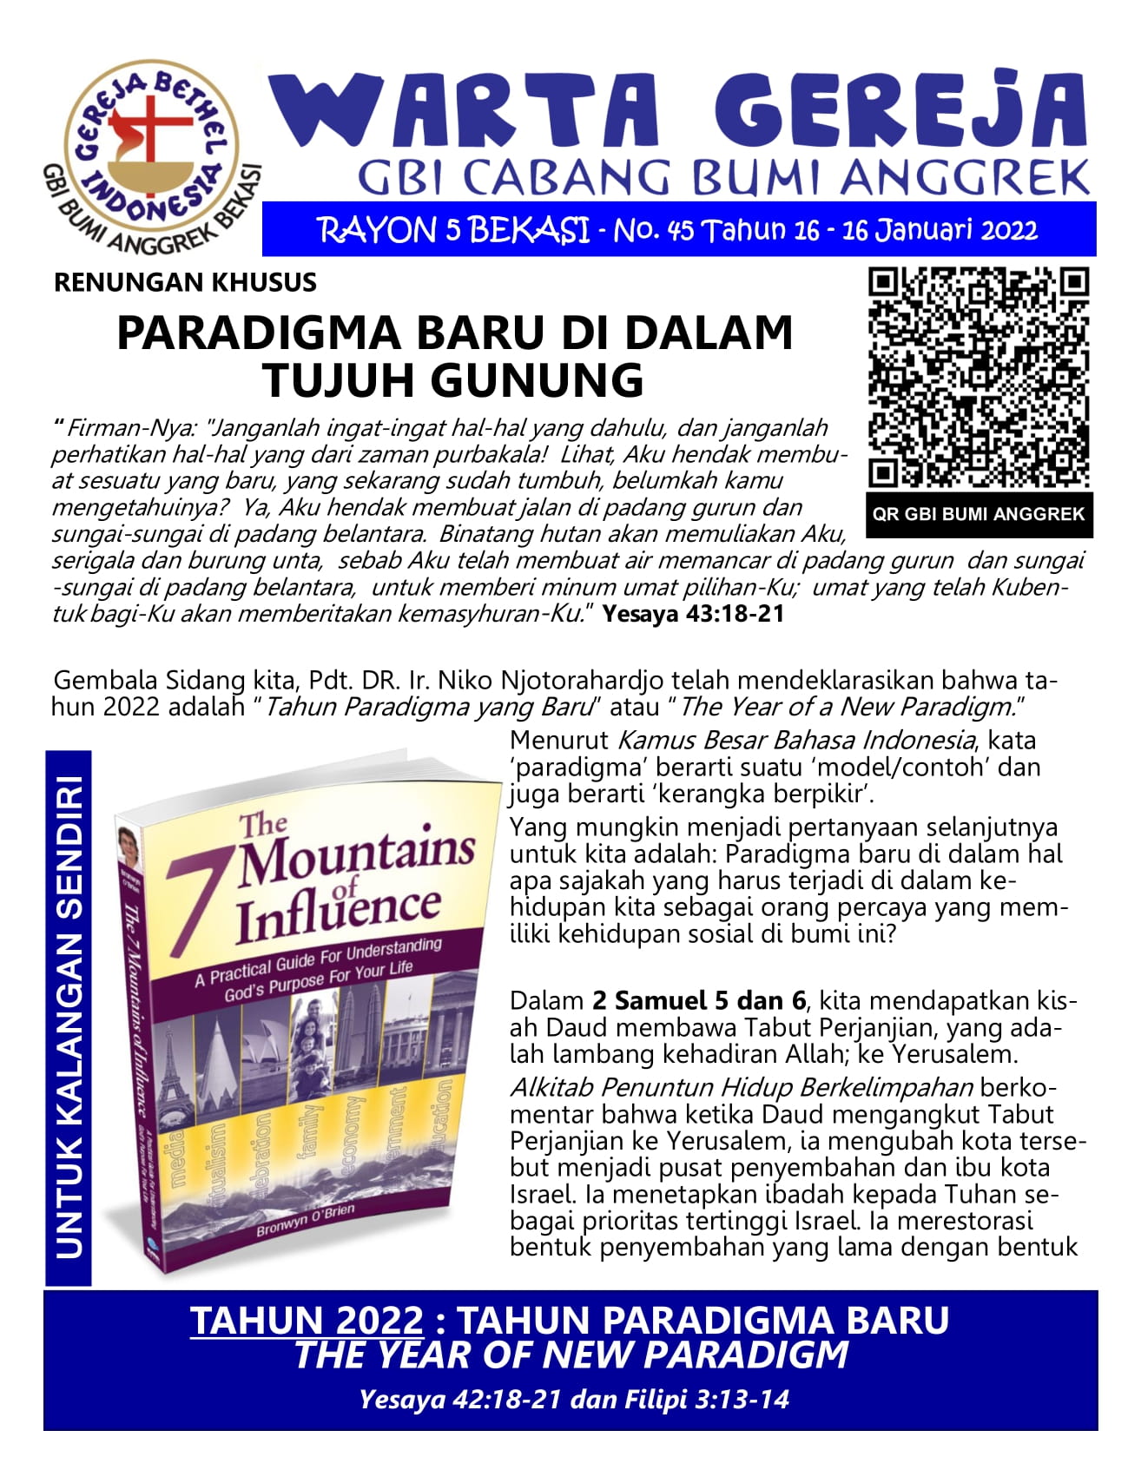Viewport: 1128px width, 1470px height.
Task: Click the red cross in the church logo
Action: click(x=150, y=130)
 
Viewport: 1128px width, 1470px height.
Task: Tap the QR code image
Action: click(x=979, y=378)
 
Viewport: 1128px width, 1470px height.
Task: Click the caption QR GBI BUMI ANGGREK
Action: click(x=979, y=514)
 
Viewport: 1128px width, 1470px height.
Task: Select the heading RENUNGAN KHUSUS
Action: click(x=185, y=282)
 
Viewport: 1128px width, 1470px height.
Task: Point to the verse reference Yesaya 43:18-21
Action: click(x=693, y=614)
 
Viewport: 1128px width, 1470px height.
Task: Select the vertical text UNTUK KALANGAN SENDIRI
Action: click(x=69, y=1016)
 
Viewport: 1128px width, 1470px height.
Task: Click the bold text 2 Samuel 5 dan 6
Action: click(x=699, y=1001)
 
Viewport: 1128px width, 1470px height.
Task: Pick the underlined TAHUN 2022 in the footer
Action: click(x=307, y=1321)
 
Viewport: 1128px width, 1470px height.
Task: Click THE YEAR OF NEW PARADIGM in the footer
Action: click(x=571, y=1355)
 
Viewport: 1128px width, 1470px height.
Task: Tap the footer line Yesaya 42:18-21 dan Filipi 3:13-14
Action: click(x=574, y=1399)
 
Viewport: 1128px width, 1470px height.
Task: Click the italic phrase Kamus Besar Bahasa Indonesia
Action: click(x=795, y=740)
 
